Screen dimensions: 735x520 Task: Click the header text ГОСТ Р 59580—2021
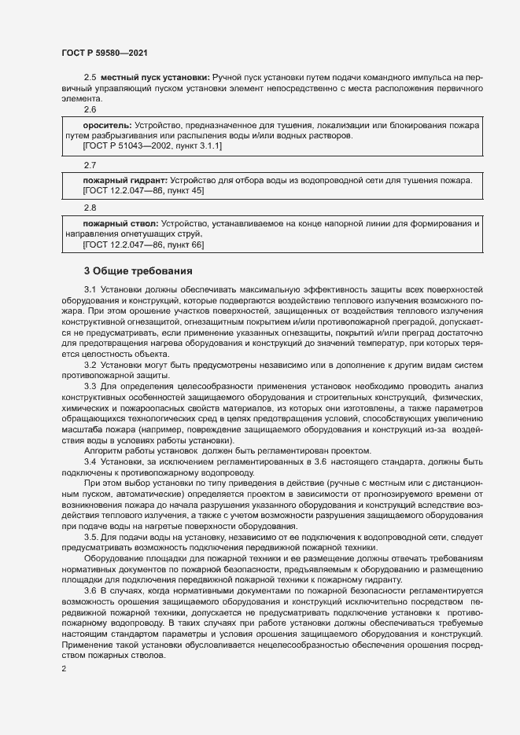[x=104, y=53]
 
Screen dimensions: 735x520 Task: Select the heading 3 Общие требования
[x=138, y=271]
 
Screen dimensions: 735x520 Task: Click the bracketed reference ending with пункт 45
[x=142, y=191]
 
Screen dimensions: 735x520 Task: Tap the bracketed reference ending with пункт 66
[x=142, y=245]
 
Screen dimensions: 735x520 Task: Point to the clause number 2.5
[x=89, y=78]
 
